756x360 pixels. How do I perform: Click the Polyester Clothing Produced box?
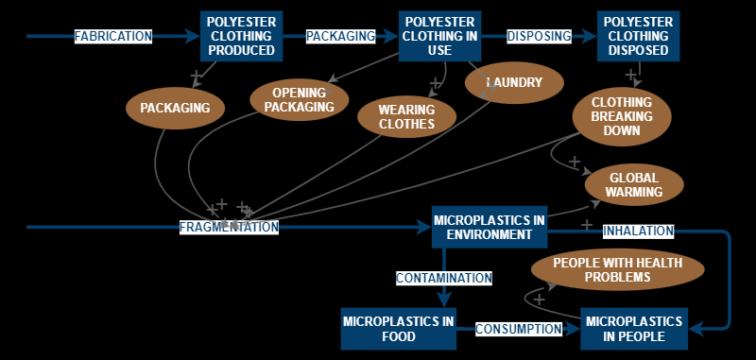click(x=241, y=36)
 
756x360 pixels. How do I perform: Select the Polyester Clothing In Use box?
click(x=440, y=36)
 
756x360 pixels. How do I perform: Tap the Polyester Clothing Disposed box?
click(x=638, y=36)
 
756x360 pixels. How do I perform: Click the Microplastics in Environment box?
click(x=490, y=227)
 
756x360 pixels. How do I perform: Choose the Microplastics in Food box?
click(x=398, y=329)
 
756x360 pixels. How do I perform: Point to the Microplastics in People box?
click(x=632, y=329)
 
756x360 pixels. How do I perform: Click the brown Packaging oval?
click(x=175, y=108)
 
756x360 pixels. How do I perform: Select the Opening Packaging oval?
click(x=299, y=99)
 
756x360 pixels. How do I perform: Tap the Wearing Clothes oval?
click(x=408, y=116)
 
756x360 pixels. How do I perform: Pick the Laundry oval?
click(x=514, y=83)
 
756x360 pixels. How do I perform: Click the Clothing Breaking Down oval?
click(x=622, y=116)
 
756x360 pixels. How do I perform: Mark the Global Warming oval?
click(x=634, y=184)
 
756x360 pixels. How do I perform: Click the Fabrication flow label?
click(x=113, y=37)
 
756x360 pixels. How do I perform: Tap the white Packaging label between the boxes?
click(x=340, y=37)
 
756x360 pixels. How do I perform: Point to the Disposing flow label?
click(x=540, y=37)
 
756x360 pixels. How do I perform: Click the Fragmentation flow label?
click(x=230, y=228)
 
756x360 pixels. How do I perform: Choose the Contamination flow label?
click(x=443, y=279)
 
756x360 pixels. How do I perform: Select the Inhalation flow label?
click(x=638, y=231)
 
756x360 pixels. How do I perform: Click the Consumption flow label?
click(x=518, y=329)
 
